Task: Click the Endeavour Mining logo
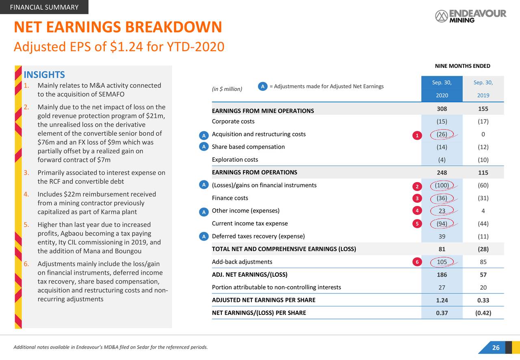(x=470, y=16)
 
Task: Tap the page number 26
(x=496, y=347)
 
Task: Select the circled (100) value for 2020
(x=442, y=186)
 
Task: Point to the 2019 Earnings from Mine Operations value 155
(x=483, y=109)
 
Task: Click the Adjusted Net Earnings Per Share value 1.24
(x=442, y=300)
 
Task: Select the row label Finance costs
(x=230, y=198)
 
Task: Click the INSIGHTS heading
(x=44, y=75)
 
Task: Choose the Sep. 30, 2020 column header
(x=442, y=89)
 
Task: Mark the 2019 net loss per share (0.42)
(x=483, y=313)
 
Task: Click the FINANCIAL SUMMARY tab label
(x=44, y=7)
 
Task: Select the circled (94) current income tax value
(x=442, y=223)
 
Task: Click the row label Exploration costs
(x=235, y=159)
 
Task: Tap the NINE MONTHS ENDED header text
(x=462, y=66)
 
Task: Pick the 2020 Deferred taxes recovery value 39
(x=442, y=236)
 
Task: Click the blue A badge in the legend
(x=263, y=86)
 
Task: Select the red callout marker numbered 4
(x=416, y=210)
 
